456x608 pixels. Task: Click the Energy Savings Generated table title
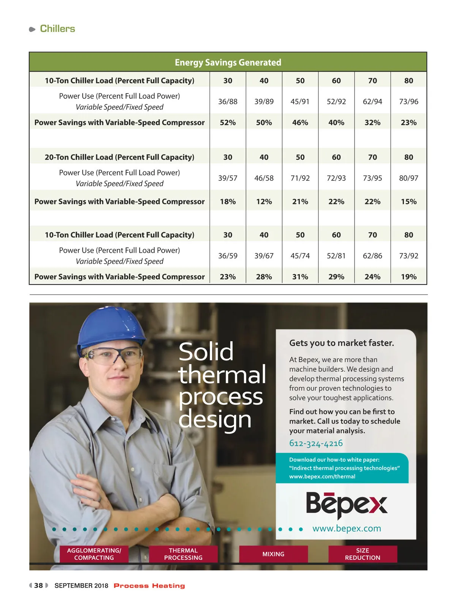(228, 62)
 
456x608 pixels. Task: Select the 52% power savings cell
(228, 123)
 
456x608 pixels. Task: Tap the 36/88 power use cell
(228, 101)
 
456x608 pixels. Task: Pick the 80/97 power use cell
(408, 178)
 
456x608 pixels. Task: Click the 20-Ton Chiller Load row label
(119, 157)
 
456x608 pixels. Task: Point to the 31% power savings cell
(300, 277)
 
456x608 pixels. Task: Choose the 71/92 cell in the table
(300, 178)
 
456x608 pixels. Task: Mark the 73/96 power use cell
(408, 101)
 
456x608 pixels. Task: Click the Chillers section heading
(57, 29)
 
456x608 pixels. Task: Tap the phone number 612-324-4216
(316, 443)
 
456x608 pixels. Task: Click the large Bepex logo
(347, 505)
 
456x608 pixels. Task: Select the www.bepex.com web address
(347, 529)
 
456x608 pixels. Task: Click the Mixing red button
(273, 554)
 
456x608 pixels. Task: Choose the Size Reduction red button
(363, 554)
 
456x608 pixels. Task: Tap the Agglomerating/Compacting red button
(94, 554)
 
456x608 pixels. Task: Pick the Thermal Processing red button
(183, 554)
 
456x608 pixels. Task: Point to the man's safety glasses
(114, 356)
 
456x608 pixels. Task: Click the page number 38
(38, 586)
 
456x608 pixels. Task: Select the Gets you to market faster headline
(341, 343)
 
